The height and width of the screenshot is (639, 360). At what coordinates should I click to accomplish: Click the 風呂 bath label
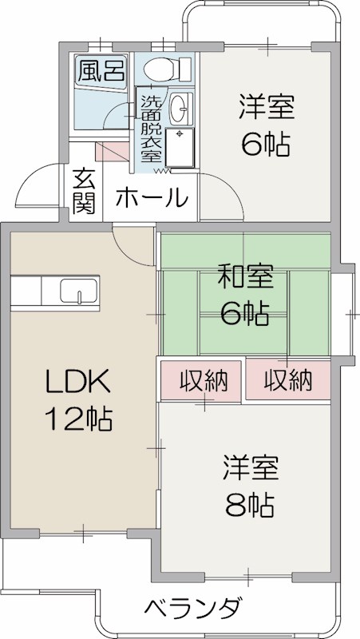[101, 70]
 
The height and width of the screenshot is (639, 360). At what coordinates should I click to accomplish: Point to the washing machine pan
[180, 146]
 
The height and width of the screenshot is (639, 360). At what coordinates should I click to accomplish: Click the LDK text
[77, 383]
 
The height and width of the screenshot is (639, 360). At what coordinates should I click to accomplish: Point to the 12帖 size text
[77, 418]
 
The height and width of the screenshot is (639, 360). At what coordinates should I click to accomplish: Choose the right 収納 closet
[287, 380]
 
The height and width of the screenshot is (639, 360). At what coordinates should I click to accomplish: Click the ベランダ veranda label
[192, 609]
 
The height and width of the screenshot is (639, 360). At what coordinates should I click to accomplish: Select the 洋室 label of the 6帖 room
[266, 107]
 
